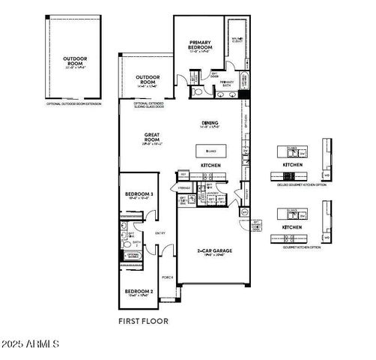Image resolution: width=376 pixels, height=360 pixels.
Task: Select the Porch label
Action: click(168, 277)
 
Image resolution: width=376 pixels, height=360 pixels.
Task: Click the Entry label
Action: click(160, 233)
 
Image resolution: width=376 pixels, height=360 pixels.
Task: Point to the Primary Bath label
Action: click(227, 83)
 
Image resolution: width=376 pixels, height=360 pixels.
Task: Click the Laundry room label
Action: click(212, 193)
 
